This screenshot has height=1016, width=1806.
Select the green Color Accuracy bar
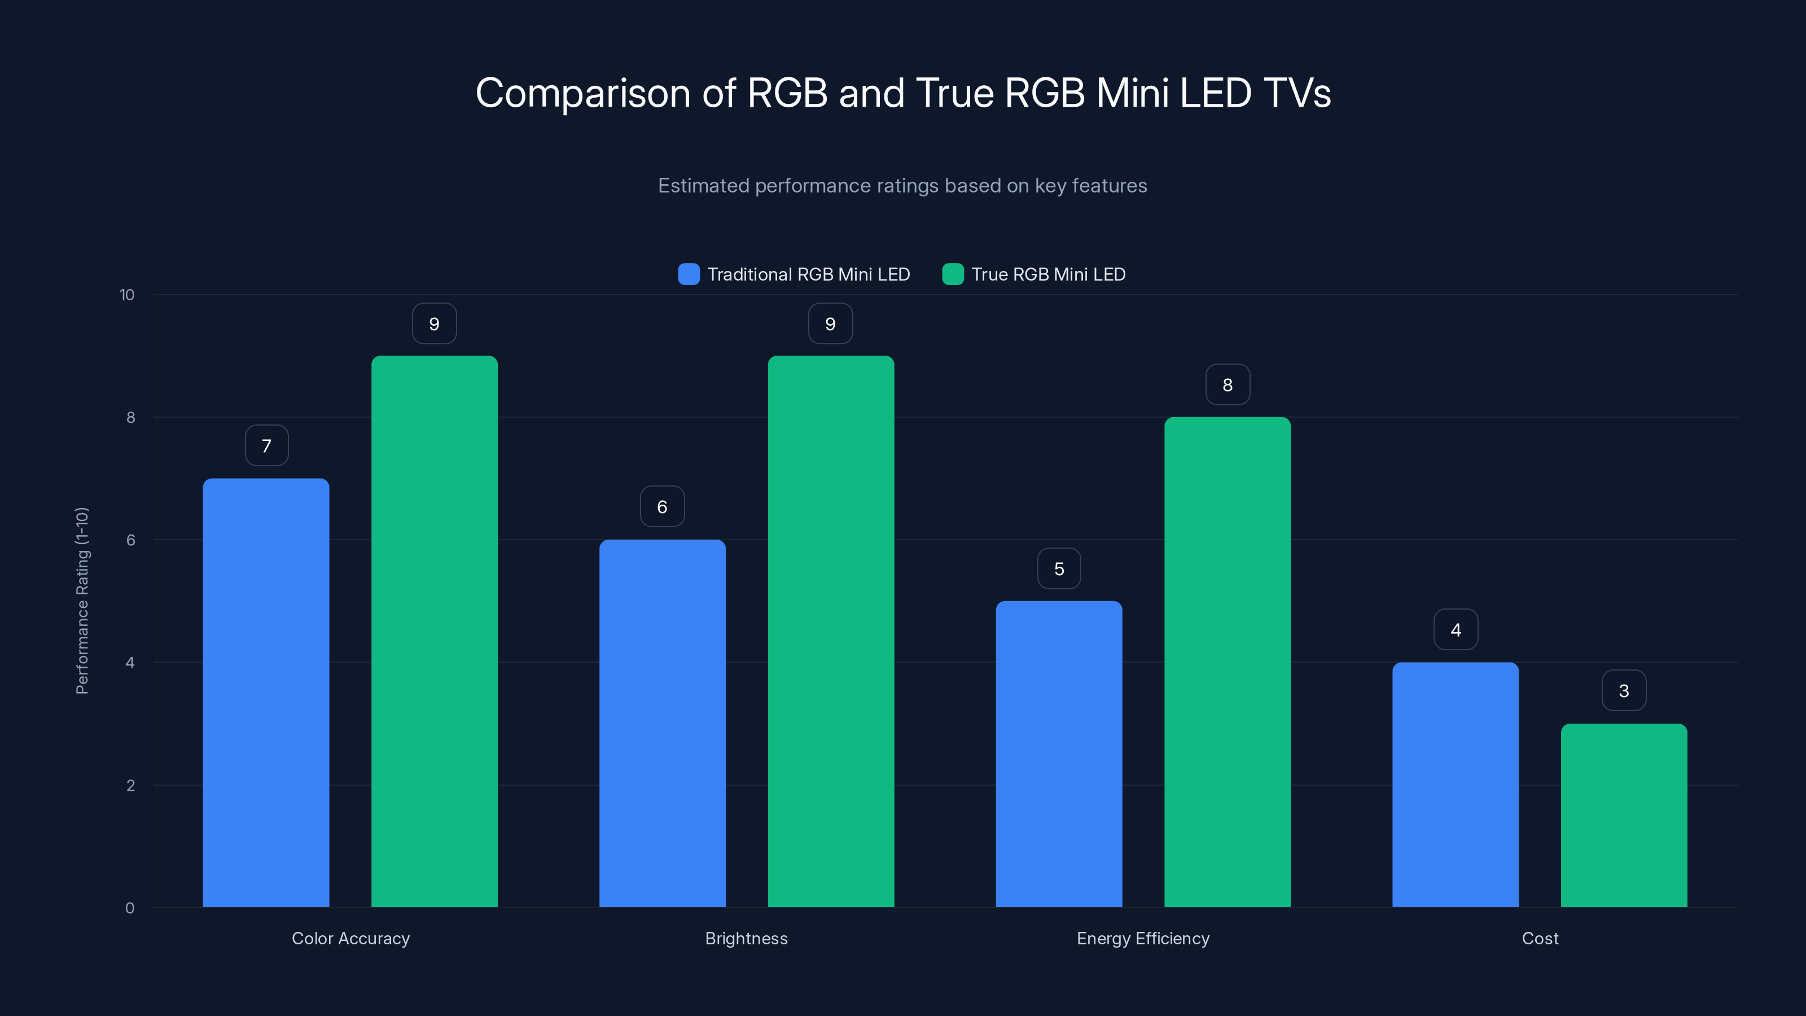pos(434,631)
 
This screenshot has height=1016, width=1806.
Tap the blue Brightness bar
pos(662,723)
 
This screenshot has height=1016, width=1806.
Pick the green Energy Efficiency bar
pos(1227,662)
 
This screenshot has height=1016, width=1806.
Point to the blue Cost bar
pos(1456,785)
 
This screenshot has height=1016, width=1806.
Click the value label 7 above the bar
pos(266,446)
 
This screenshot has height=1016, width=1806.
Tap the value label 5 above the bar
pos(1059,568)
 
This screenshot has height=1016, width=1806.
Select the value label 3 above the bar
pos(1624,691)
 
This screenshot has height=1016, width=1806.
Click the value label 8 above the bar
pos(1227,385)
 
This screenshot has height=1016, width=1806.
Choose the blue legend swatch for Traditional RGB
pos(689,274)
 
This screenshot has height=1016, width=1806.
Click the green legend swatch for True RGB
pos(953,274)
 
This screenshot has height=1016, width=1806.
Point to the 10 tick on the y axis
pos(127,295)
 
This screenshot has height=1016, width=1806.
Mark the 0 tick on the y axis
pos(130,908)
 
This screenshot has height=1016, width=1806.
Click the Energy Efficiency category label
pos(1143,938)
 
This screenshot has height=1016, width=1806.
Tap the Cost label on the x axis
pos(1540,938)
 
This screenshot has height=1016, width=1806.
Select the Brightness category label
pos(746,938)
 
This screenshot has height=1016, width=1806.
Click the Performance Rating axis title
pos(82,601)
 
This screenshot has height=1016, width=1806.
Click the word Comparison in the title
pos(582,93)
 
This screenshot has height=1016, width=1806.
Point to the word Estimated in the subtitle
pos(703,186)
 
